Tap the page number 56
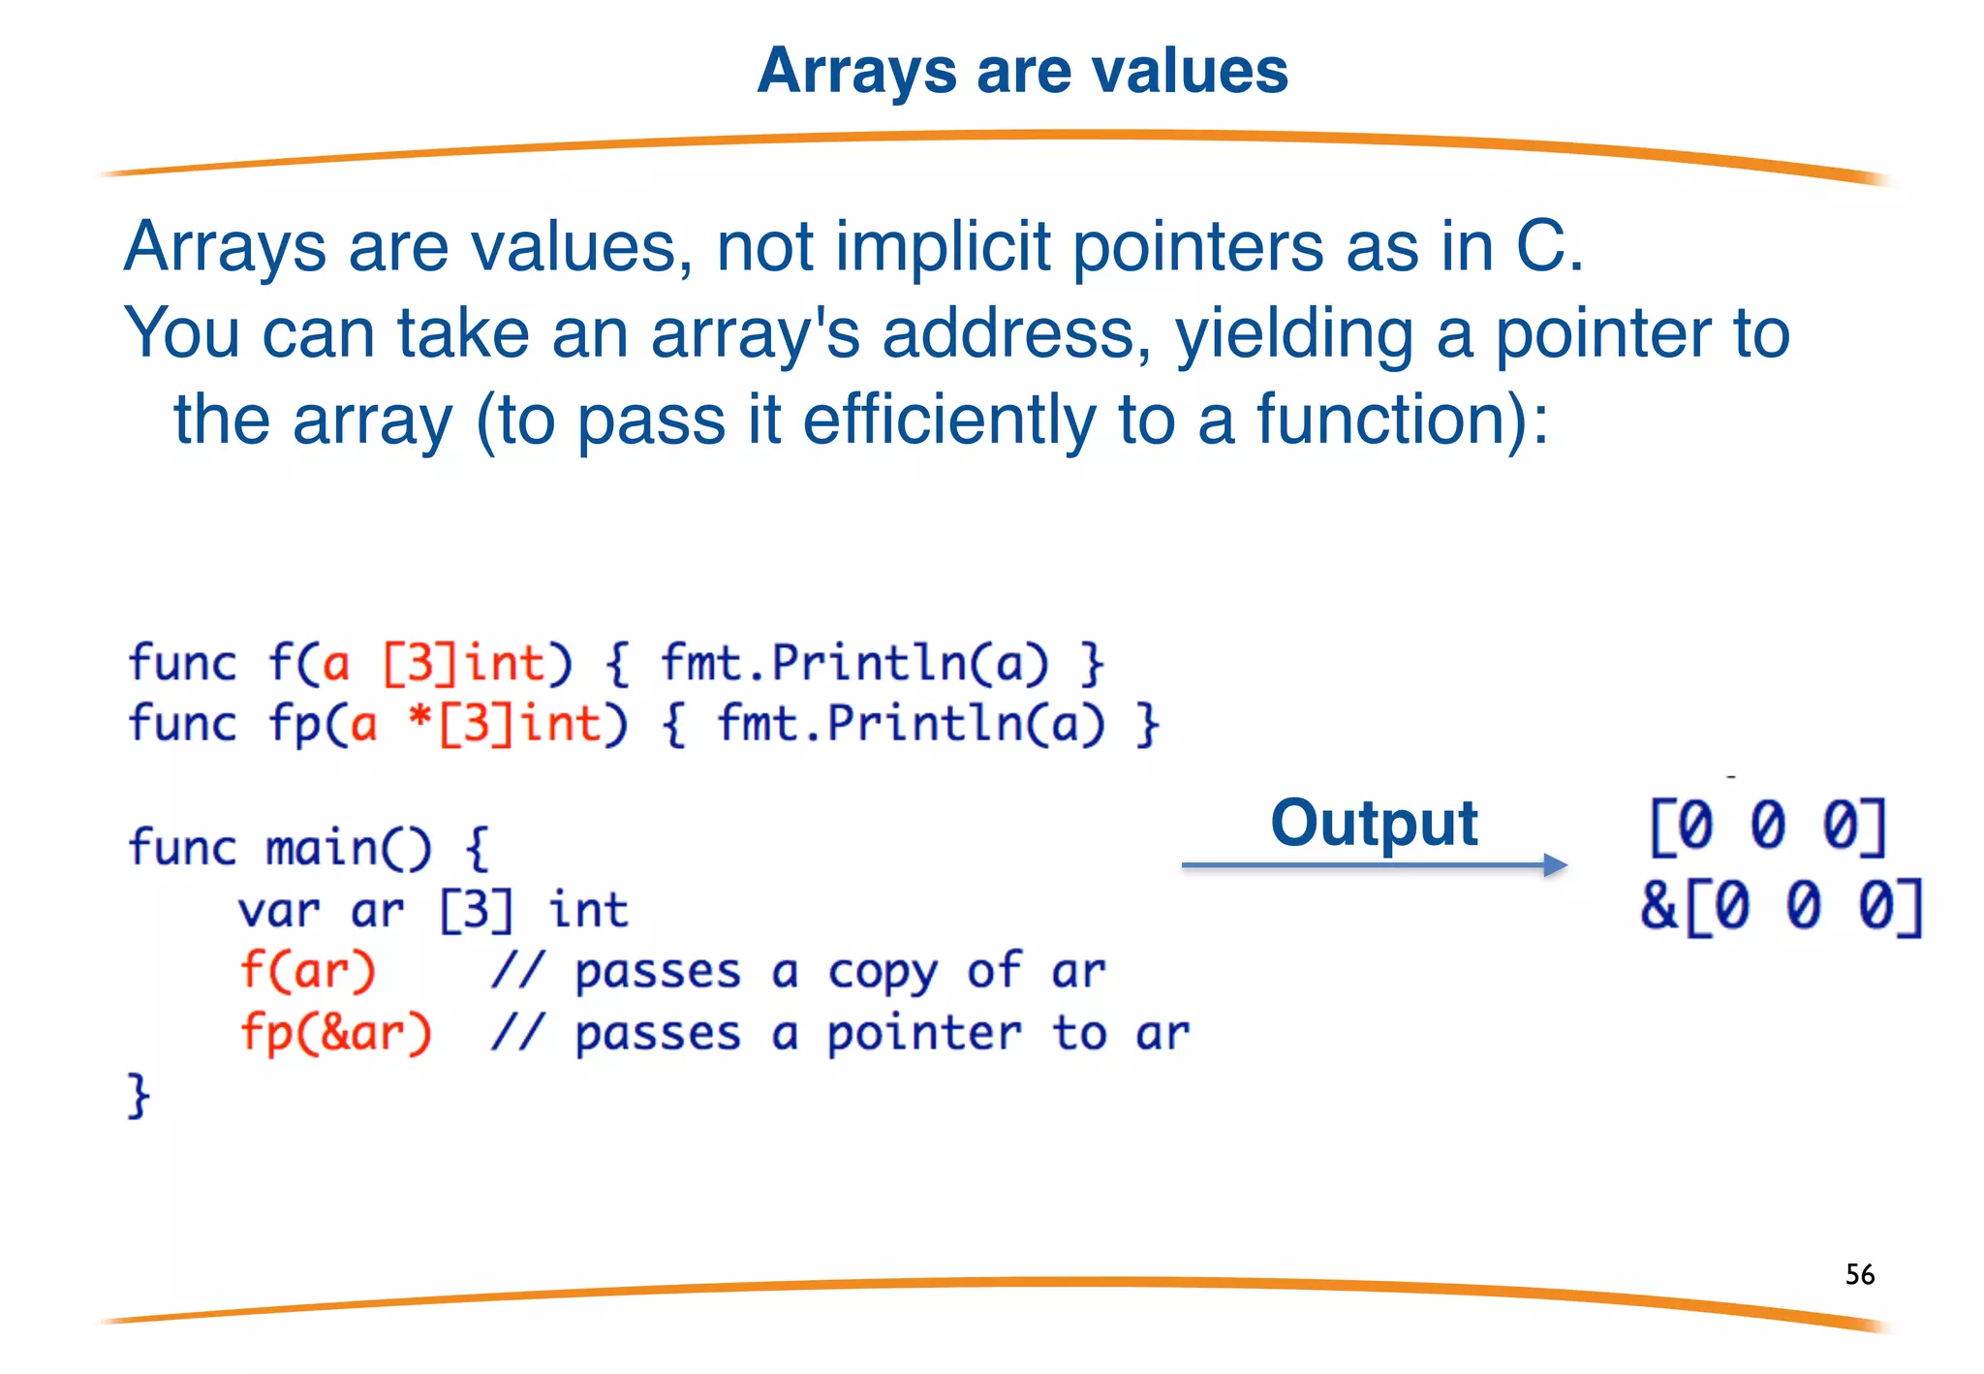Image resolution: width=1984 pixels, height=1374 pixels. pyautogui.click(x=1859, y=1274)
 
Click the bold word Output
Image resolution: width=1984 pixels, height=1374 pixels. pyautogui.click(x=1374, y=824)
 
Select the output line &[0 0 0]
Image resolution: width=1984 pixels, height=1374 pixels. pyautogui.click(x=1781, y=907)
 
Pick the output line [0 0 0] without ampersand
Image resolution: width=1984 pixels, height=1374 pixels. pyautogui.click(x=1768, y=827)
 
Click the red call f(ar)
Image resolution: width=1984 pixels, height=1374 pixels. pyautogui.click(x=307, y=971)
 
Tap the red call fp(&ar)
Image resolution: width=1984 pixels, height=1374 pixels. pyautogui.click(x=335, y=1033)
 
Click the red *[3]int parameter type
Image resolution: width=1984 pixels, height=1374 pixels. pyautogui.click(x=517, y=725)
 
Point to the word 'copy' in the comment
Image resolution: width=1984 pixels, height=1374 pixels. pyautogui.click(x=883, y=973)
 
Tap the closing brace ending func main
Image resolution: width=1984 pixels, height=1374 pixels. pyautogui.click(x=139, y=1096)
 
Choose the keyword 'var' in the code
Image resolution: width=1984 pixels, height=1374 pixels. pyautogui.click(x=279, y=911)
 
